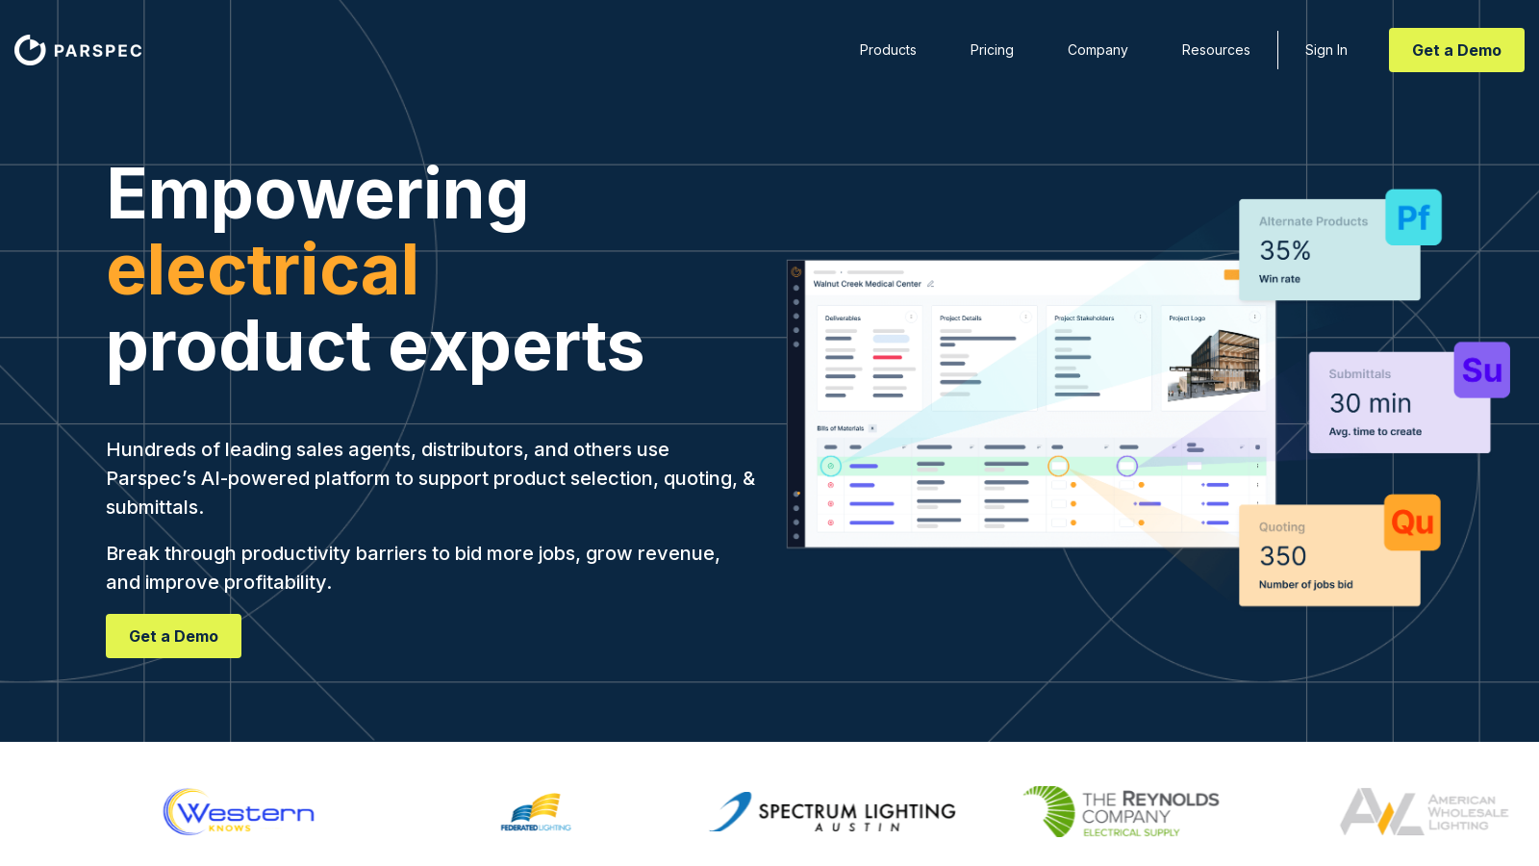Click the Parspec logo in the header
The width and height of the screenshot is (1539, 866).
pos(78,50)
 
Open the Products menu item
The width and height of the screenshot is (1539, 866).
pos(887,50)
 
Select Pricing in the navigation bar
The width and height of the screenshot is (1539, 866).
pos(992,50)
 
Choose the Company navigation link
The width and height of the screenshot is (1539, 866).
pos(1097,50)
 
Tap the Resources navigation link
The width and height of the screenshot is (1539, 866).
pos(1216,50)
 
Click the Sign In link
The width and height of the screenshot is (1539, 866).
pos(1325,50)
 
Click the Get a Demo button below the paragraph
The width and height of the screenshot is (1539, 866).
pos(173,636)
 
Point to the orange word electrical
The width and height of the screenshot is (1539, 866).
pos(263,270)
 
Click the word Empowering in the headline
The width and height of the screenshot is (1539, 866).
pos(317,195)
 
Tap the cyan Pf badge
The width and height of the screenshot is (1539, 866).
pos(1413,217)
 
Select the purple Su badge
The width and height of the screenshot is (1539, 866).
pos(1481,370)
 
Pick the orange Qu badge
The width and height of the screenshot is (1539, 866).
pos(1412,522)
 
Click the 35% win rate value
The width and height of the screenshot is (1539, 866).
pos(1285,251)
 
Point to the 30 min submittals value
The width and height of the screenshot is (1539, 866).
pos(1370,403)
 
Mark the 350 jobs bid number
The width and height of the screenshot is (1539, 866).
pos(1283,556)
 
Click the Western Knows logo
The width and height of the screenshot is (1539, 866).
pos(239,812)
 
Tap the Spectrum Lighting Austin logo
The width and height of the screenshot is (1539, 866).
pos(833,812)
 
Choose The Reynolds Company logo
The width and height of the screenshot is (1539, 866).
pos(1121,812)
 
